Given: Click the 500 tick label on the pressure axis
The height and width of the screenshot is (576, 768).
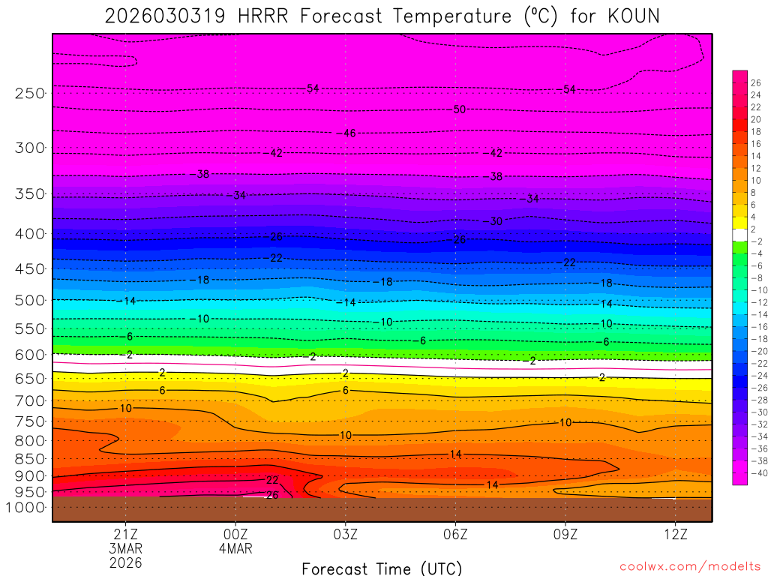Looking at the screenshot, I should (x=30, y=301).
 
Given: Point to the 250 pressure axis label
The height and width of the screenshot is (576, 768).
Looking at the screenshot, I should (x=30, y=94).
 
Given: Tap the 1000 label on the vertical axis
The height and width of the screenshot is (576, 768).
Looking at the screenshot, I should (x=26, y=508).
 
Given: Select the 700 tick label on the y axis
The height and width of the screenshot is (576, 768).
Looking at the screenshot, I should (x=30, y=400).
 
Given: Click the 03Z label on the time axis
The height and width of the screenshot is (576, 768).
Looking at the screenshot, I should (x=345, y=534).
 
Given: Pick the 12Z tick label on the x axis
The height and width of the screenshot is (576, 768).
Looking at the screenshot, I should (x=675, y=534).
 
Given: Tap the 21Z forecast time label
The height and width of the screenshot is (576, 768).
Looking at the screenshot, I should (x=125, y=534).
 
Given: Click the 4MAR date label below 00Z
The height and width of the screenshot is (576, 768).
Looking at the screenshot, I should (x=235, y=548).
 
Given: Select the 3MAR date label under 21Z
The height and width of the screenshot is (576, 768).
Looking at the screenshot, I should (x=125, y=548).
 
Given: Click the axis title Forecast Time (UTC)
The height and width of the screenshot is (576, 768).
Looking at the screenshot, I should (x=382, y=568).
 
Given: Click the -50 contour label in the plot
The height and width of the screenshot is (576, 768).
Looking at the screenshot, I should (x=458, y=109).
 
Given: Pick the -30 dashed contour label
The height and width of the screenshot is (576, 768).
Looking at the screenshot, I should (x=495, y=222).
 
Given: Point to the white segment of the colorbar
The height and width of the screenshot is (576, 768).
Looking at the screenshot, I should (x=739, y=235).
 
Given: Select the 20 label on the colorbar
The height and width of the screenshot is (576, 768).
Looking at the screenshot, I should (x=755, y=119).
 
